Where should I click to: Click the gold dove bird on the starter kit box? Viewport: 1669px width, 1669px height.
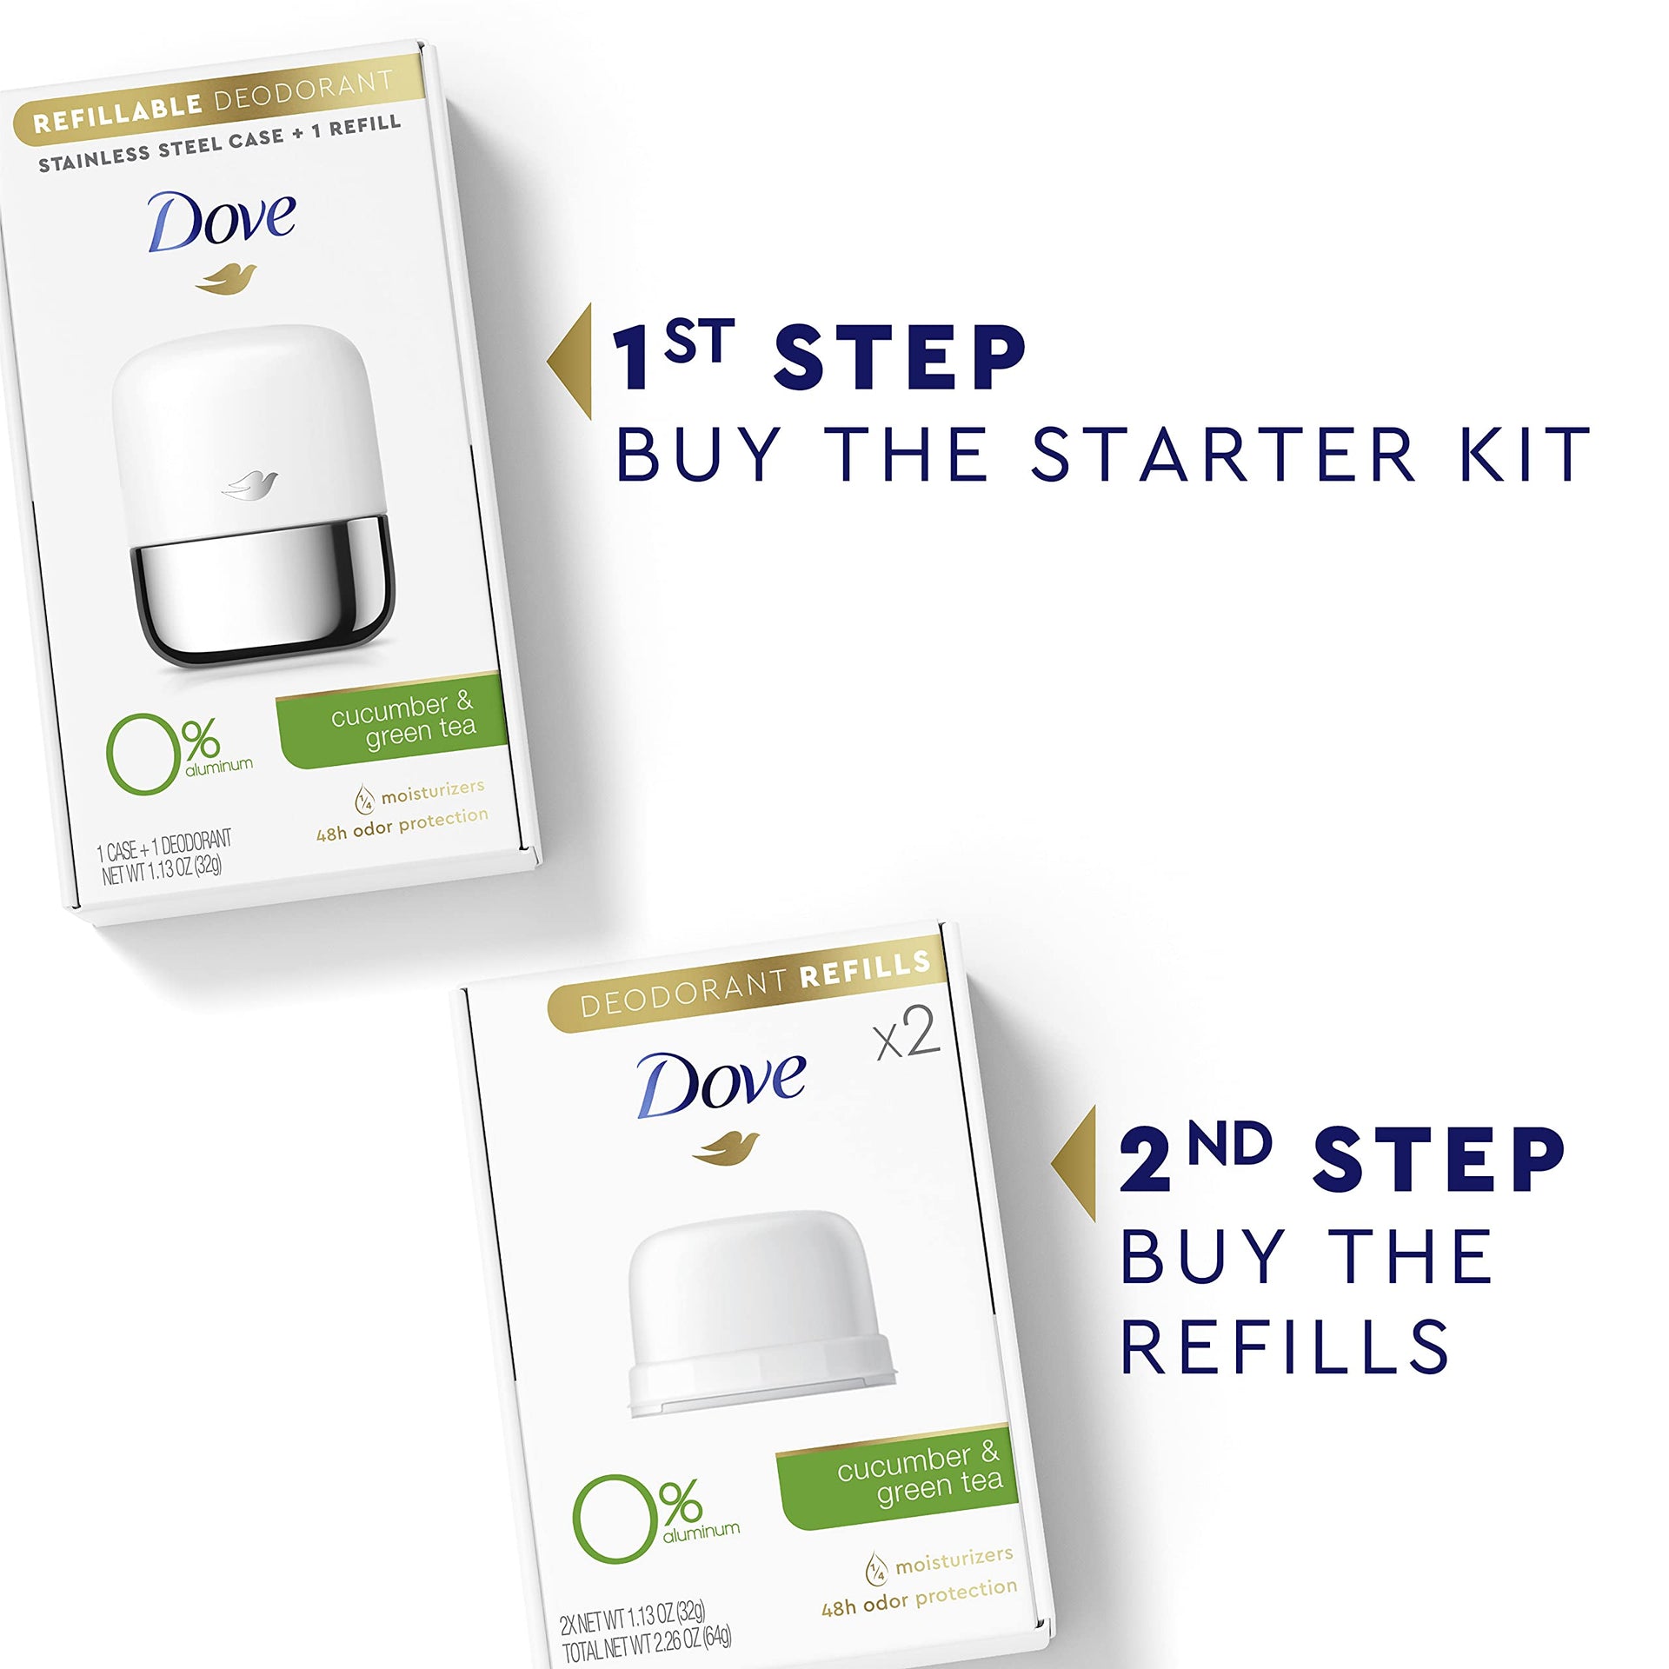pos(226,278)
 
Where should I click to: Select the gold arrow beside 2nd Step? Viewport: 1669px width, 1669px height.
pos(1074,1164)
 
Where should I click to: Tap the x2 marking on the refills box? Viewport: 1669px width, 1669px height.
pos(908,1034)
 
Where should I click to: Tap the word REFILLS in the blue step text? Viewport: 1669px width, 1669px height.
pos(1284,1346)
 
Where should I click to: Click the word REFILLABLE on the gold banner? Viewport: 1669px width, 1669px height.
pos(117,113)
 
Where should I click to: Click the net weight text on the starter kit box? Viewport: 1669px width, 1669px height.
pos(163,868)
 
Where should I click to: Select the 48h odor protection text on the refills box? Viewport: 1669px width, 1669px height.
pos(919,1598)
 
